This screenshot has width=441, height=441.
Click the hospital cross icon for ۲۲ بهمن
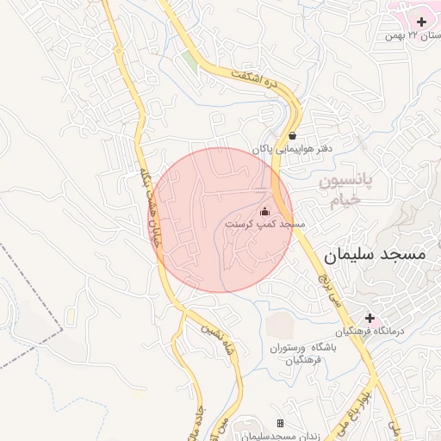point(421,21)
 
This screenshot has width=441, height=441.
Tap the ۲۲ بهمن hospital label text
point(412,35)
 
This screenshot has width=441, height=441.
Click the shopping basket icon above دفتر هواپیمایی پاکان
point(294,135)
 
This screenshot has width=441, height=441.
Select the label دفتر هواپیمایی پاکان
point(292,149)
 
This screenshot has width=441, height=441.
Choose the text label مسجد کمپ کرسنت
point(265,224)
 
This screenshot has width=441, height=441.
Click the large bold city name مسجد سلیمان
point(376,256)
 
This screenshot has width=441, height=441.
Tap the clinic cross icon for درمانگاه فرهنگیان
point(370,318)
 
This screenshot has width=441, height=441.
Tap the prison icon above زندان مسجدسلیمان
point(280,423)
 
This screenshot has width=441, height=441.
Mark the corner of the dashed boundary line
point(63,328)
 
